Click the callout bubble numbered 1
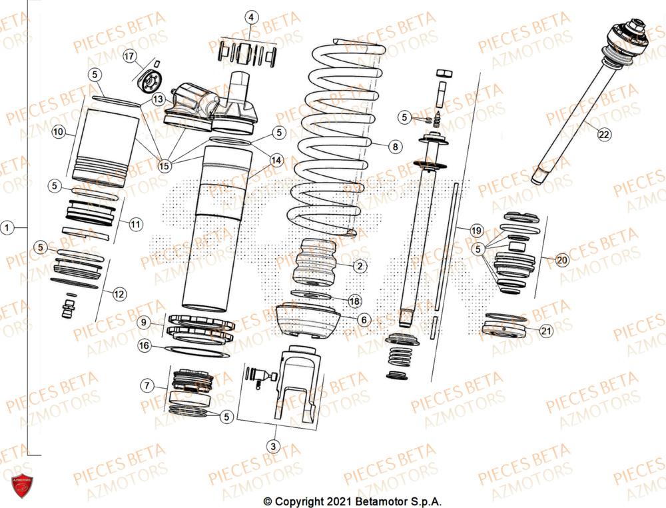[7, 228]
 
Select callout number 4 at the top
[250, 17]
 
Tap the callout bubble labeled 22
[603, 135]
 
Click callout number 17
[129, 57]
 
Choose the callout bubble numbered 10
[59, 133]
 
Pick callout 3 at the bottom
[272, 445]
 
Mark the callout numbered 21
[545, 331]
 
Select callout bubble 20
[562, 261]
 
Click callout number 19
[476, 231]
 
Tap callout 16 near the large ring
[144, 345]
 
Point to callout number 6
[364, 320]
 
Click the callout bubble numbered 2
[360, 267]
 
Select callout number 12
[119, 293]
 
